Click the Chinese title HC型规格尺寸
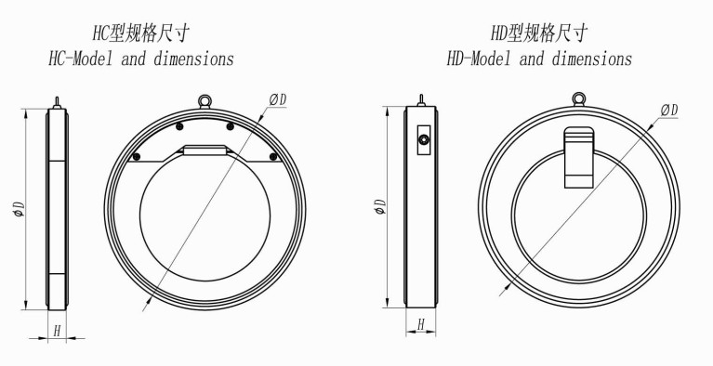141,33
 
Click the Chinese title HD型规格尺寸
539,33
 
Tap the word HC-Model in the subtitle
81,59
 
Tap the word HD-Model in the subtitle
479,59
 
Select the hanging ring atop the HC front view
205,100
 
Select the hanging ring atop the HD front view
578,98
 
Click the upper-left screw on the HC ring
180,126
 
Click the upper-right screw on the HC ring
231,126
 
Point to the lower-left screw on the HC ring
136,157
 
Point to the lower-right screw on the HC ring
272,157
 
